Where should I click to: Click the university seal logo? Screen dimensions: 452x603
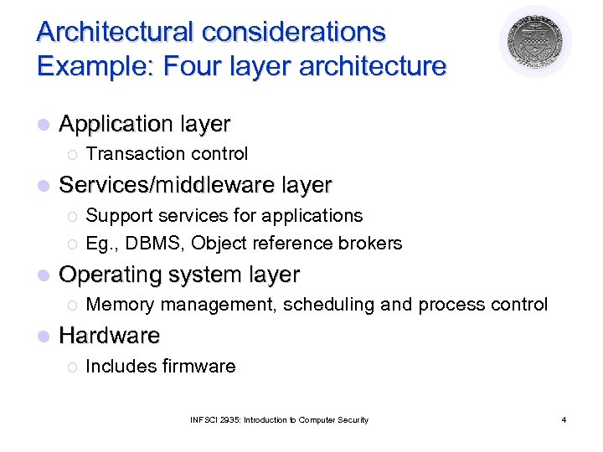[x=535, y=42]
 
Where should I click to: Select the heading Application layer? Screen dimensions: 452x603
[x=144, y=124]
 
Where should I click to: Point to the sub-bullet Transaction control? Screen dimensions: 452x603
[x=167, y=154]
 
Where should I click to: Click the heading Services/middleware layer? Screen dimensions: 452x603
[x=195, y=184]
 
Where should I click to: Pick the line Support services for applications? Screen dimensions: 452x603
[x=224, y=215]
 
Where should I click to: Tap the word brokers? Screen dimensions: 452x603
[x=371, y=244]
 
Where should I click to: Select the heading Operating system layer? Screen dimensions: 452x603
[x=179, y=275]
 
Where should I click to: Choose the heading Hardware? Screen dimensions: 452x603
[x=109, y=336]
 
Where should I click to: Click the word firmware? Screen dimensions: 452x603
[x=198, y=366]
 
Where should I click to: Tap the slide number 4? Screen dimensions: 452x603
[x=564, y=419]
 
